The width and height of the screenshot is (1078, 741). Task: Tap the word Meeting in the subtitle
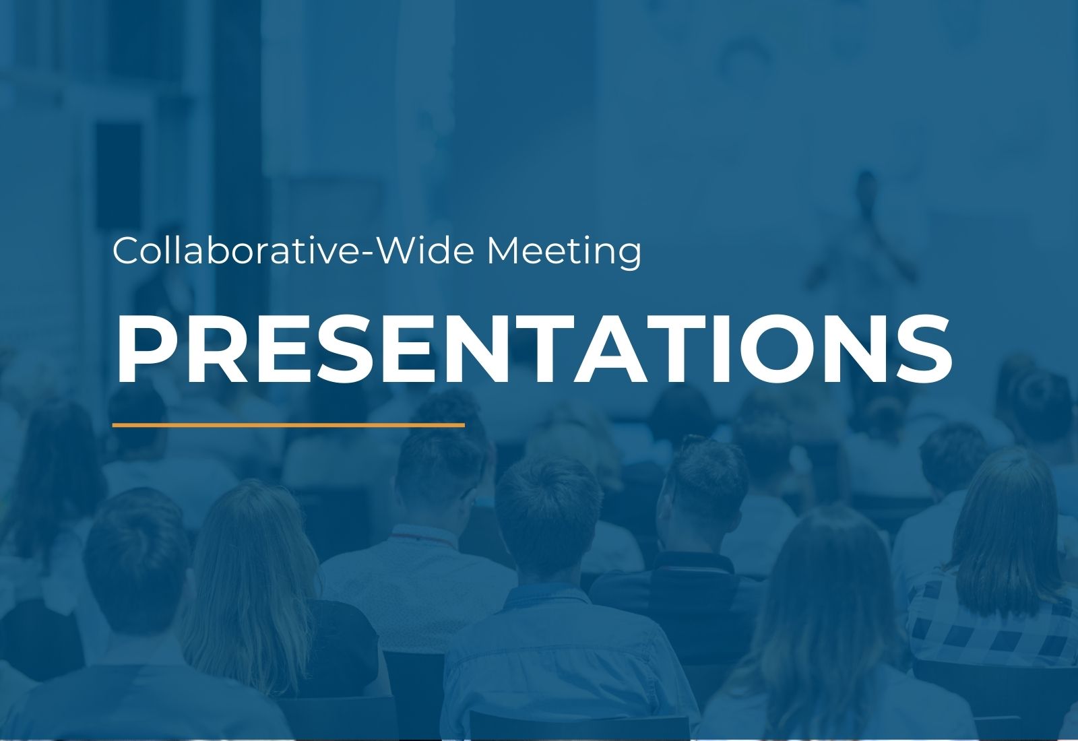(x=564, y=252)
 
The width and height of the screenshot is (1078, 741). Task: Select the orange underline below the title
(x=288, y=425)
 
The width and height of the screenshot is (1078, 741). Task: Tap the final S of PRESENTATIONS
(x=923, y=350)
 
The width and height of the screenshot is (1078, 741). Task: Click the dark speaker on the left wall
(x=119, y=176)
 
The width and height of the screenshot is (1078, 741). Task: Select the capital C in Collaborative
(x=127, y=250)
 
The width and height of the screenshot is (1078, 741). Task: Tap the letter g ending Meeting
(x=629, y=257)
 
